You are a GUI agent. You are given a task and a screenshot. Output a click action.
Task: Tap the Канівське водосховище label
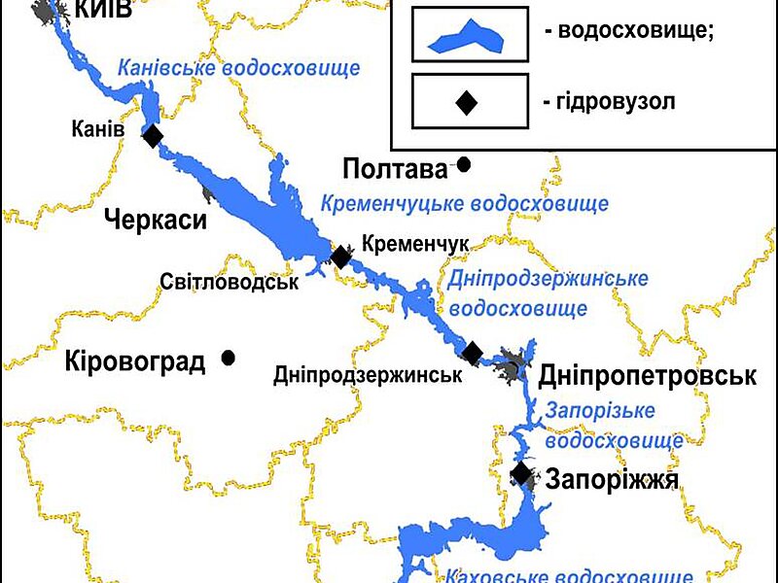[x=238, y=69]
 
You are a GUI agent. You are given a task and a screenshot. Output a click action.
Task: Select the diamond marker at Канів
[x=153, y=136]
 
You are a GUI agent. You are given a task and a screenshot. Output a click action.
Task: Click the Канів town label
[x=98, y=129]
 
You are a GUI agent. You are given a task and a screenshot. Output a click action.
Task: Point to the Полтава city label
[x=394, y=169]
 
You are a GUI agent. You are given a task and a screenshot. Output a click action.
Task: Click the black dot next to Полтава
[x=464, y=165]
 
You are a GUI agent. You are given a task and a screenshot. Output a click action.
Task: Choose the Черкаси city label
[x=156, y=220]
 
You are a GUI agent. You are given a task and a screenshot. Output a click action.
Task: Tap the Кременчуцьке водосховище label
[x=465, y=204]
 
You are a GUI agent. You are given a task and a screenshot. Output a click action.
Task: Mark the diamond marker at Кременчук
[x=340, y=257]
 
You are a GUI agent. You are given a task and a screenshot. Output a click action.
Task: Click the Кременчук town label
[x=415, y=244]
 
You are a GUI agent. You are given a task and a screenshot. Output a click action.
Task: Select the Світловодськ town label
[x=229, y=282]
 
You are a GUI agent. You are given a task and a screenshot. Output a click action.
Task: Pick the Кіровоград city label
[x=135, y=362]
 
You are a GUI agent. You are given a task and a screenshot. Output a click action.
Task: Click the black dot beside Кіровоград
[x=229, y=358]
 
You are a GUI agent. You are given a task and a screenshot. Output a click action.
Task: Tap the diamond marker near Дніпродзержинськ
[x=473, y=353]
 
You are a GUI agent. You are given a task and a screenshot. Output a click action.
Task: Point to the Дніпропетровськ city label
[x=647, y=376]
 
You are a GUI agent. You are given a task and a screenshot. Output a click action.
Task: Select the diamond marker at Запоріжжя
[x=522, y=474]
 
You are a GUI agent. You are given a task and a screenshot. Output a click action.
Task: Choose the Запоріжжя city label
[x=611, y=478]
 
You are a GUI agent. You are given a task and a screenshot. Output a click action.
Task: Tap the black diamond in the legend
[x=468, y=100]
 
